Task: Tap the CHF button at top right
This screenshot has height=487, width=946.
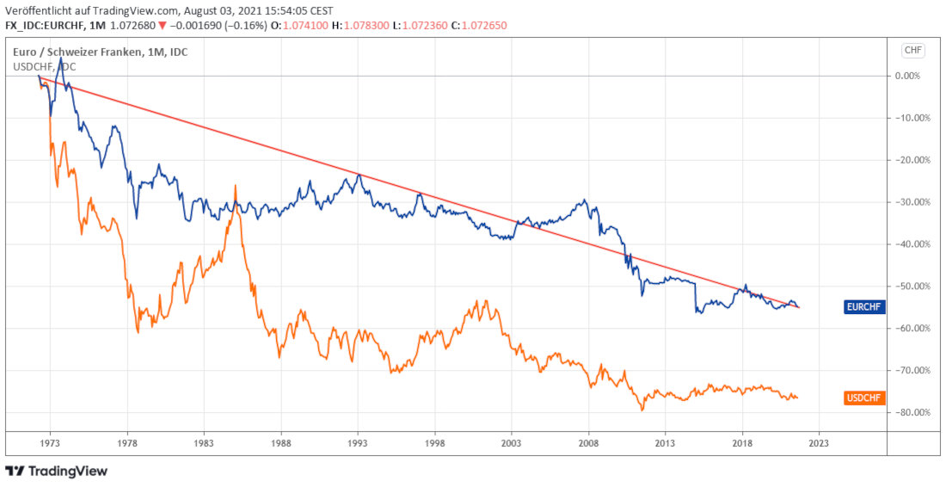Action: tap(912, 50)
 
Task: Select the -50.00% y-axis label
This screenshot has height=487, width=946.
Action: tap(911, 287)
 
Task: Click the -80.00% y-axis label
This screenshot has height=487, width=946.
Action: tap(911, 413)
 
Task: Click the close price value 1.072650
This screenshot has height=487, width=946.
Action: tap(484, 26)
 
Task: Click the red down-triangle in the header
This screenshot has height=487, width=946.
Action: tap(162, 26)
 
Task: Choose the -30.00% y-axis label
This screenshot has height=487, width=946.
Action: tap(911, 202)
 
